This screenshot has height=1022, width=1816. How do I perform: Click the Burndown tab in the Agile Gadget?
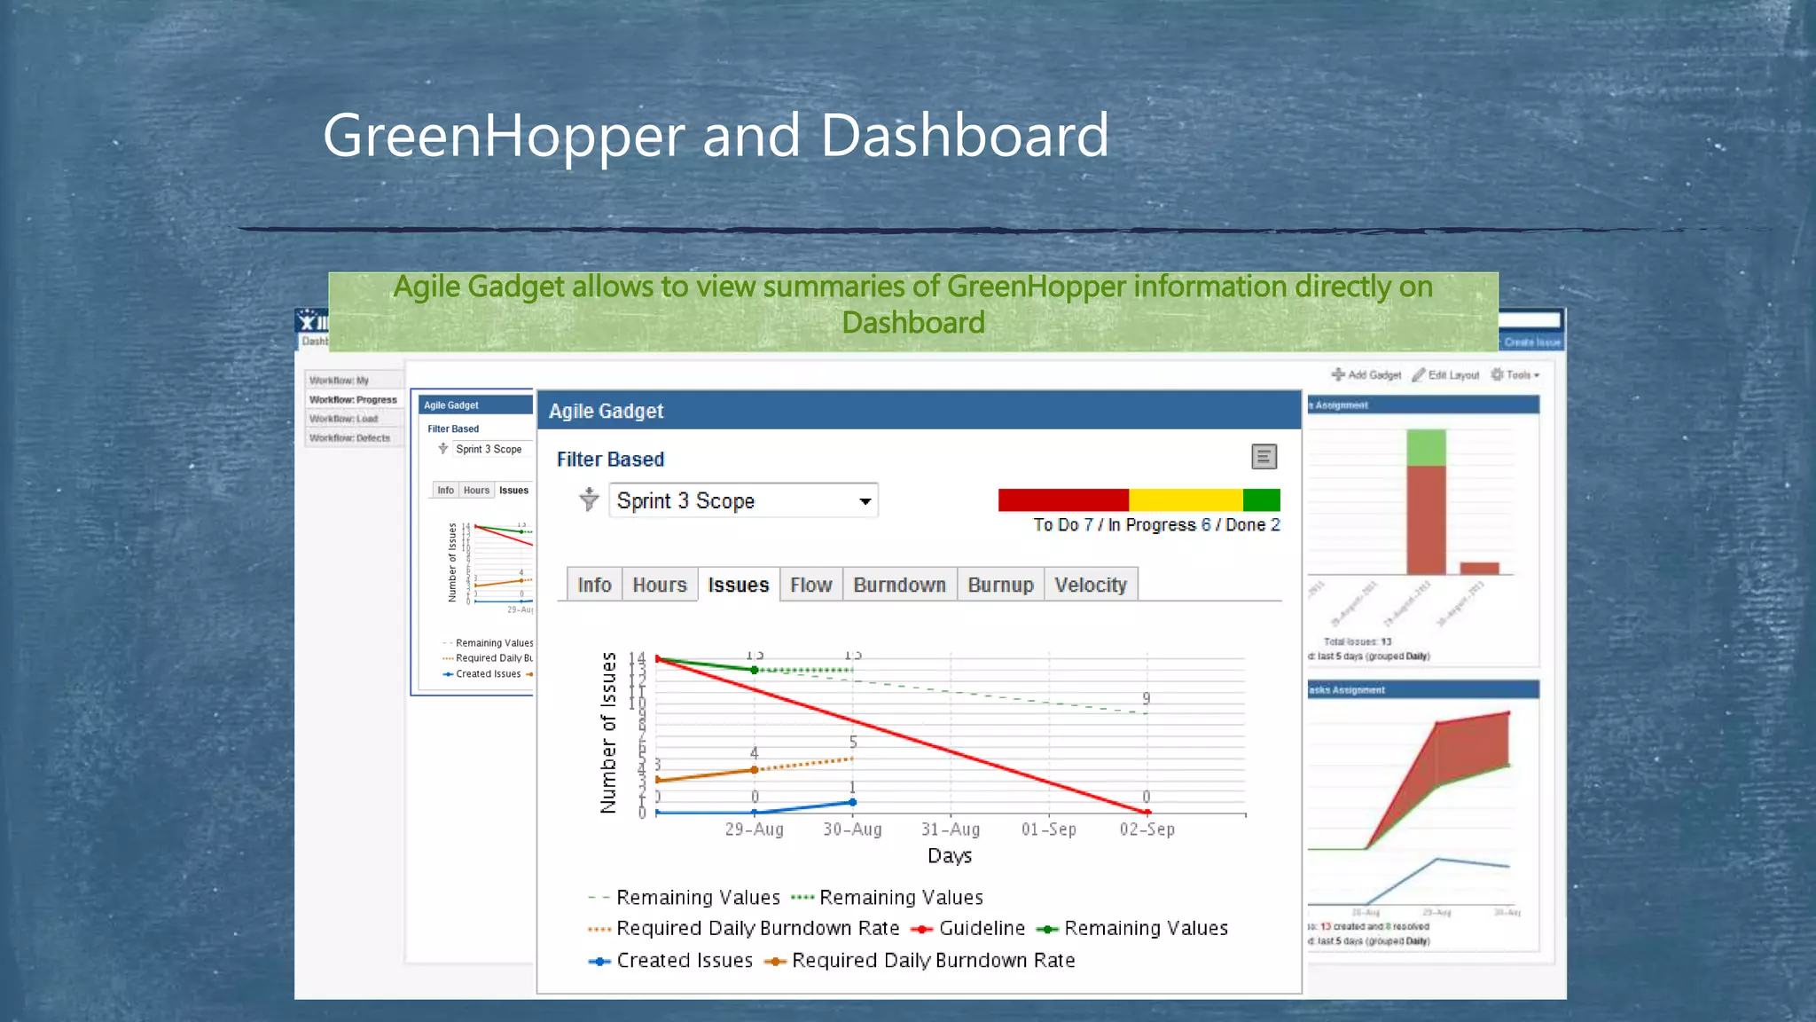point(899,585)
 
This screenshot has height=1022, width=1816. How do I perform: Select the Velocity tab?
point(1090,585)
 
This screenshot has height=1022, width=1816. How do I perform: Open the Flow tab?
point(810,585)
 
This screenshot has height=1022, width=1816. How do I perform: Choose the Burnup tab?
point(1000,585)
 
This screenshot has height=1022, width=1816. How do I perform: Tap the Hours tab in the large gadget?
point(659,585)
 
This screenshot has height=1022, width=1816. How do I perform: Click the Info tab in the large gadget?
point(594,585)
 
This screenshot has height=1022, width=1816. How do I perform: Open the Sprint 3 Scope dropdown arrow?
point(865,501)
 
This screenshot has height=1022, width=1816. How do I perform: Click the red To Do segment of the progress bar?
point(1062,499)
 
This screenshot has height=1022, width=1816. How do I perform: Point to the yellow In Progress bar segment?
point(1185,499)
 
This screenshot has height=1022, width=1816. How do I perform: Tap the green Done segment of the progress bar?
point(1261,499)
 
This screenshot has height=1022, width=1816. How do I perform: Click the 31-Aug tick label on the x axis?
point(951,829)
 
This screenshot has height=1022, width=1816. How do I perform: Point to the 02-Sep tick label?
point(1147,829)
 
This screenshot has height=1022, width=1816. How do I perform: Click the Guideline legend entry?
point(981,928)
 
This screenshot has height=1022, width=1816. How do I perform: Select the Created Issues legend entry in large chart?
point(684,960)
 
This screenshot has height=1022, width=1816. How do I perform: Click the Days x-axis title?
point(950,856)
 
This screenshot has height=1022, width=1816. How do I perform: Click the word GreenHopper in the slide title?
point(504,136)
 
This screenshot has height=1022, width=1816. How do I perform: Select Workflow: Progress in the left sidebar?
point(353,400)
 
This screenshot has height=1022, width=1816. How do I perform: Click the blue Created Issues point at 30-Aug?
point(853,802)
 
